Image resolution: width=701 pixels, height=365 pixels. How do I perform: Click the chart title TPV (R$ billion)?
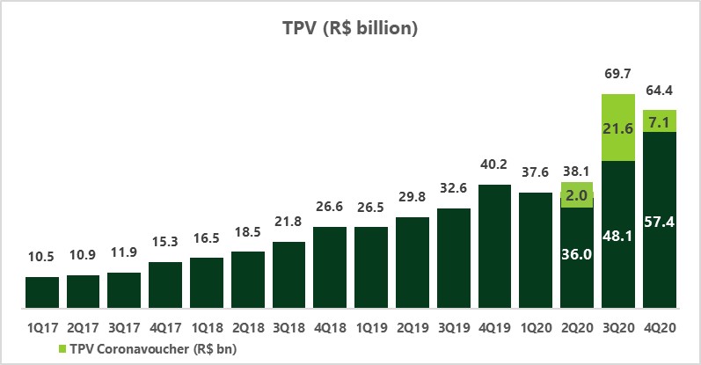tap(350, 29)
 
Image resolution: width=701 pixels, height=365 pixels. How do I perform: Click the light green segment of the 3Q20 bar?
tap(618, 128)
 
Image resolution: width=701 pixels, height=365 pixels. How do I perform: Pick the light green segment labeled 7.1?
tap(660, 120)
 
